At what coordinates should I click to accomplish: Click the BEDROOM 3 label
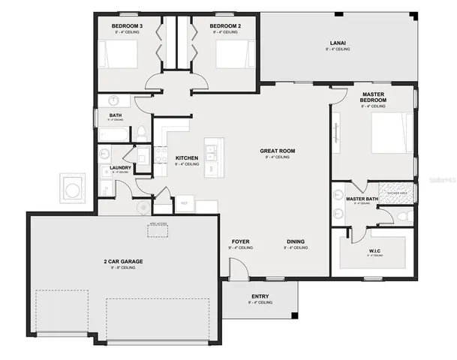(x=127, y=25)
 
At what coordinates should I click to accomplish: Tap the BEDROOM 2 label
(x=225, y=25)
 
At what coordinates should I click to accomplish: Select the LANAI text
(x=338, y=43)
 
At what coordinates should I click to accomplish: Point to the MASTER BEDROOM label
(x=373, y=97)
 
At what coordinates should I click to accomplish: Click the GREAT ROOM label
(x=277, y=151)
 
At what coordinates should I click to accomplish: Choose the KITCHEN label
(x=187, y=158)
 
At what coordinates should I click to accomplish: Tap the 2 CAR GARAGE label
(x=123, y=261)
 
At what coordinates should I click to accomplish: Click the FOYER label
(x=240, y=241)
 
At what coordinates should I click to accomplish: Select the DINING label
(x=296, y=241)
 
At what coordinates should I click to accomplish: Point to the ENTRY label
(x=260, y=296)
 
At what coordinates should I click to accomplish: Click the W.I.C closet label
(x=374, y=251)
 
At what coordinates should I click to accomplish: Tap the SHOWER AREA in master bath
(x=395, y=192)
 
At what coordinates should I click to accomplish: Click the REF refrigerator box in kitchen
(x=185, y=202)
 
